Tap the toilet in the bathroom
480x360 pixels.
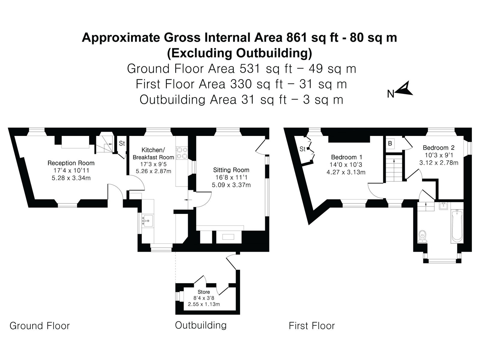[x=422, y=236]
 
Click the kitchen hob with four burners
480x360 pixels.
[x=182, y=153]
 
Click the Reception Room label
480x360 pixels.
[x=71, y=163]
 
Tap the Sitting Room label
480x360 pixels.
[x=231, y=170]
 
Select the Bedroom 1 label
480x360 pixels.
[x=346, y=157]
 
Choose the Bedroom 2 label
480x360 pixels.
[x=439, y=148]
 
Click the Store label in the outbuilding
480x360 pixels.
[x=204, y=292]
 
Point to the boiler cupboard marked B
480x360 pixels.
[x=390, y=144]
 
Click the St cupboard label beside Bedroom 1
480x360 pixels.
[x=302, y=149]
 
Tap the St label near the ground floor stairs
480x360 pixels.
[x=122, y=143]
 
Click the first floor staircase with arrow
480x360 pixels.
[x=394, y=168]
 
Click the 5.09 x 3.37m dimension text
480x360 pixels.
[x=231, y=185]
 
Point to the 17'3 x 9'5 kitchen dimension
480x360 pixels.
[x=153, y=164]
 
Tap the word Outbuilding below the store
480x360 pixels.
[x=201, y=325]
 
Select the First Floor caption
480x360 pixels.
[x=312, y=326]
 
